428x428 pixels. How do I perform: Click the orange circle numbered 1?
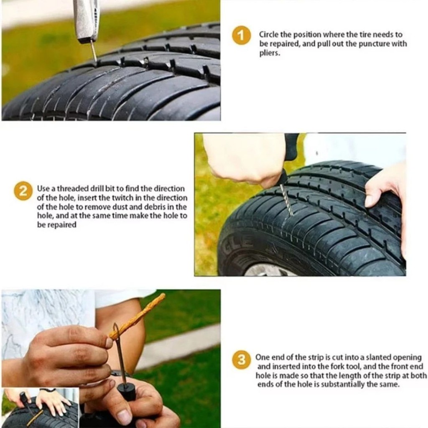click(x=241, y=35)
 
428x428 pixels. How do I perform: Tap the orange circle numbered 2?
click(x=23, y=191)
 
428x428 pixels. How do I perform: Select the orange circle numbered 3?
click(x=242, y=360)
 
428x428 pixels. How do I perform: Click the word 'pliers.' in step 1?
click(x=270, y=53)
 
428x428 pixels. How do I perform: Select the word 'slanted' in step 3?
click(x=377, y=357)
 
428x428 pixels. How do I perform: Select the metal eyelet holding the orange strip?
click(x=116, y=331)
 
